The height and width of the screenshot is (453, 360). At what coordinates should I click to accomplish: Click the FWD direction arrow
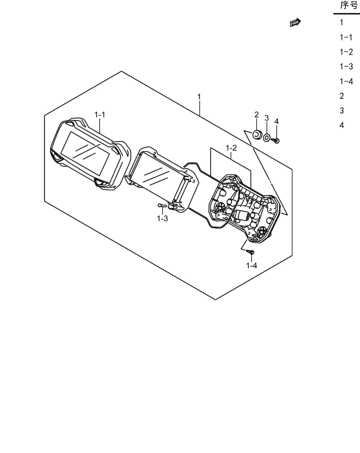pyautogui.click(x=295, y=23)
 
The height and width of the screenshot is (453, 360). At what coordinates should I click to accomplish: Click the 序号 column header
pyautogui.click(x=349, y=5)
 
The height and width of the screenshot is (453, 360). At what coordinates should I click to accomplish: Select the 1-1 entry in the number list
pyautogui.click(x=346, y=37)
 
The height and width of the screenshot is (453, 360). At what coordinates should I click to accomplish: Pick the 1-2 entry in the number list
pyautogui.click(x=346, y=52)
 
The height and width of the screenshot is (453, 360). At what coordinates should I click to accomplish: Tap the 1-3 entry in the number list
pyautogui.click(x=346, y=66)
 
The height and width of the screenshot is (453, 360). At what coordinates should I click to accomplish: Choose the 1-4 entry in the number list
pyautogui.click(x=346, y=81)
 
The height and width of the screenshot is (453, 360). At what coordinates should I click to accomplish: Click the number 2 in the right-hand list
pyautogui.click(x=342, y=96)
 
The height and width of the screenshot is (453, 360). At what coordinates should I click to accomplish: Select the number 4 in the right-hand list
pyautogui.click(x=342, y=125)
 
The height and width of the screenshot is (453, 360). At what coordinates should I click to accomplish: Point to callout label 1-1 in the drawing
pyautogui.click(x=100, y=115)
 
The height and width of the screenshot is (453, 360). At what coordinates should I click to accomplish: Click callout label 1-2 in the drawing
pyautogui.click(x=231, y=148)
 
